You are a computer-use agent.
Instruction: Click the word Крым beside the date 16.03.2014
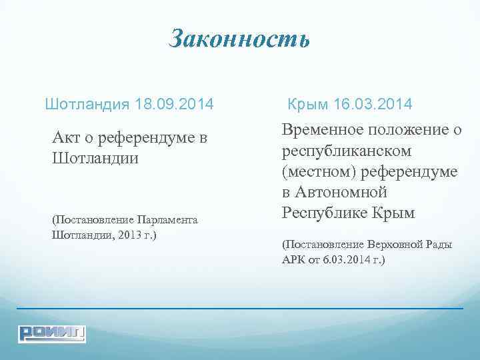click(x=310, y=105)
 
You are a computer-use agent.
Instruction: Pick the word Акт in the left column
click(x=67, y=138)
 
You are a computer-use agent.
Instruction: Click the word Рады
click(x=439, y=244)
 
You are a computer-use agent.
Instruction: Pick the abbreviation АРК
click(x=295, y=259)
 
